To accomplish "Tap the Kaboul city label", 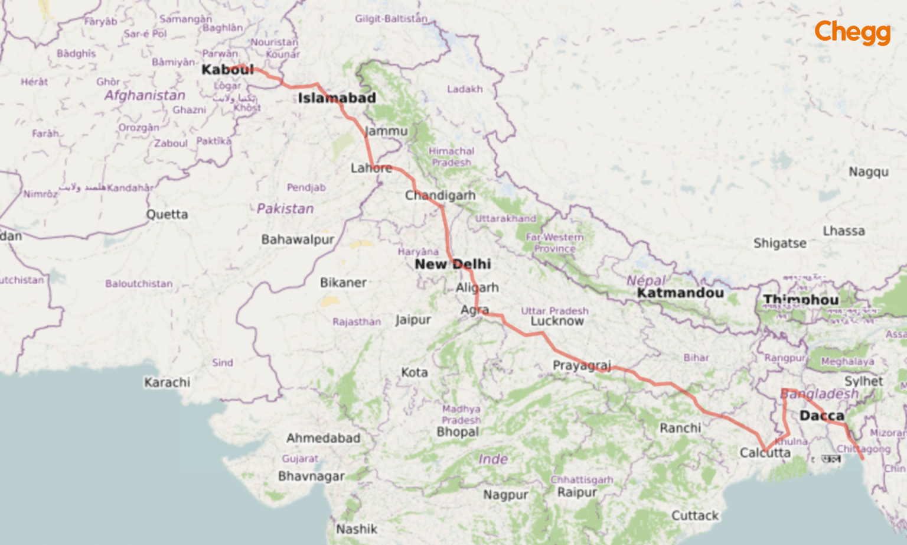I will point(227,70).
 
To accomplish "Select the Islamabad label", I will point(337,98).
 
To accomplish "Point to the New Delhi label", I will point(452,264).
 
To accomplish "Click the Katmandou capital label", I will point(680,293).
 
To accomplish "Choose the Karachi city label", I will point(167,382).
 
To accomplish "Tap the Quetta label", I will point(167,215).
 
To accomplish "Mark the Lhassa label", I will point(844,231).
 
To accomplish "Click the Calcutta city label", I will point(765,453).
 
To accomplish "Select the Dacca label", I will point(821,416).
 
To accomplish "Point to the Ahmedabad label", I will point(323,438).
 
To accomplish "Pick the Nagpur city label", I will point(505,495).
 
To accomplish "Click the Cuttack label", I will point(695,515).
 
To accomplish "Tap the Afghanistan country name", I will point(145,95).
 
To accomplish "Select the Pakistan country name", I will point(285,209).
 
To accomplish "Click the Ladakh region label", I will point(465,89).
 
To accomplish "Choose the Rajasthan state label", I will point(357,322).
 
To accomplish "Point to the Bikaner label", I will point(343,283).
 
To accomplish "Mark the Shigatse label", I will point(779,243).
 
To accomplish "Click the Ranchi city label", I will point(680,428).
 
